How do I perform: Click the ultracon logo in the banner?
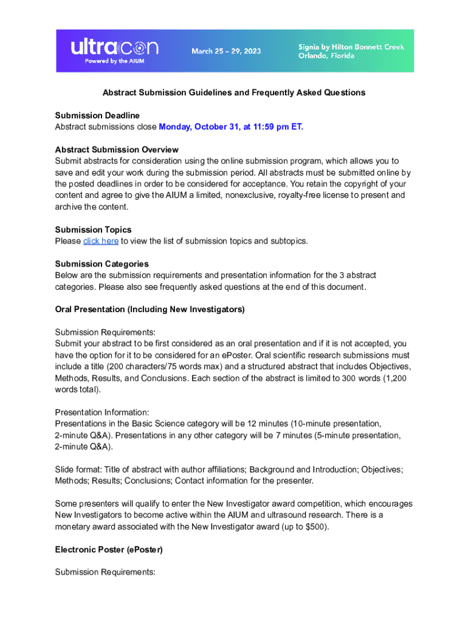click(115, 47)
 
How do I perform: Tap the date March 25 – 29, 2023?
click(226, 51)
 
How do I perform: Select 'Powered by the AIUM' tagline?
click(106, 61)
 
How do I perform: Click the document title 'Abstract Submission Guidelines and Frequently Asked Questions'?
click(233, 92)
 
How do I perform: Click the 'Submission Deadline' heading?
click(97, 115)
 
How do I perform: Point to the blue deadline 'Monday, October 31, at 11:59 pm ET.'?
click(230, 127)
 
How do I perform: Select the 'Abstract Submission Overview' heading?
click(117, 149)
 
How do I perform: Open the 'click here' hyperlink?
click(101, 241)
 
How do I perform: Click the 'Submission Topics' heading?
click(93, 230)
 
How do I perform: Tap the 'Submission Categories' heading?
click(102, 264)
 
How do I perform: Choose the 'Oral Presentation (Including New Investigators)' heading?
click(150, 309)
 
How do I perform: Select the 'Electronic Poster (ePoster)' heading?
click(109, 549)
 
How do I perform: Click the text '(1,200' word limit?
click(394, 378)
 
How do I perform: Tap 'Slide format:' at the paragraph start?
click(78, 470)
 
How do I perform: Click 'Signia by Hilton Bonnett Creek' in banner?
click(351, 47)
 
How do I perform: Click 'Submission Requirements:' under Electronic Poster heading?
click(105, 572)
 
